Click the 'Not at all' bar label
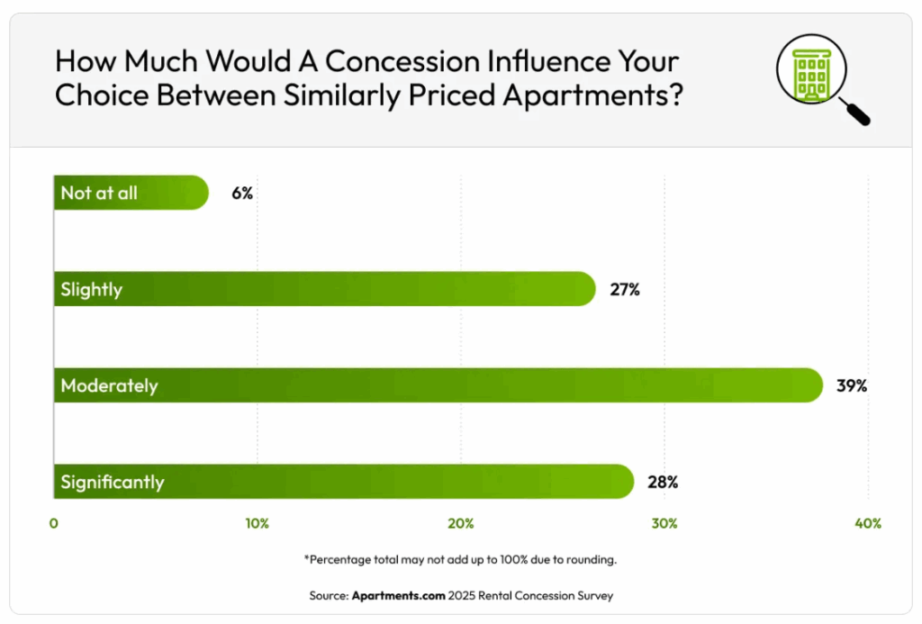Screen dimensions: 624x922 (x=99, y=194)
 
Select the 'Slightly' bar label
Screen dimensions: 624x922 (x=91, y=290)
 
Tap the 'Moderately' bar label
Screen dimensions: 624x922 (x=109, y=386)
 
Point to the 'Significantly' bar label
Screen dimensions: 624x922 (x=113, y=483)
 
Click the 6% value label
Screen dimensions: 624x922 (x=241, y=194)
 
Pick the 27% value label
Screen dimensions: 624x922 (x=624, y=290)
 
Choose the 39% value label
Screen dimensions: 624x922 (x=851, y=386)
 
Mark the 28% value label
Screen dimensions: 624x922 (x=662, y=483)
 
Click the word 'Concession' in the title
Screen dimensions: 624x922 (x=400, y=62)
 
